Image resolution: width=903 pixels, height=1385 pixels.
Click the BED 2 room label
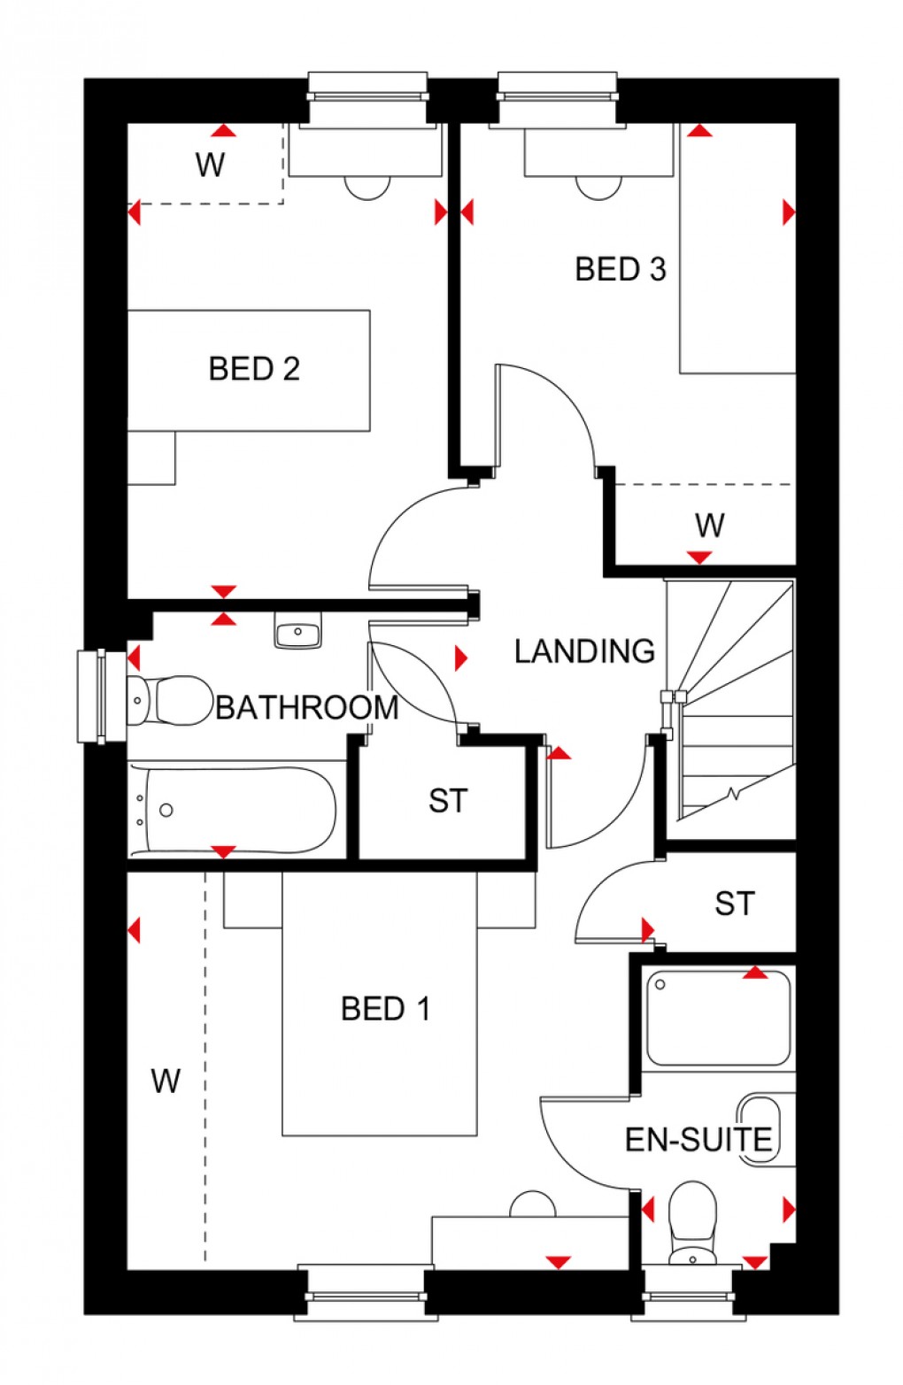coord(254,368)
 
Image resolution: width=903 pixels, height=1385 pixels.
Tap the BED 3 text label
coord(620,269)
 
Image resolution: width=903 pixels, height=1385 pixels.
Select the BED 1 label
coord(385,1008)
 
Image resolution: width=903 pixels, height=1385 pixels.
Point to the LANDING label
coord(584,651)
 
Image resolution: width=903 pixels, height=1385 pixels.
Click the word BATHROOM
coord(307,707)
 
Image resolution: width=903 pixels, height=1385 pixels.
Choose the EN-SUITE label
coord(698,1139)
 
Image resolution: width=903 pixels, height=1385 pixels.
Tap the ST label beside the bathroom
coord(447,801)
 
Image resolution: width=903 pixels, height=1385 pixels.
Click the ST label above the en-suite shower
coord(734,904)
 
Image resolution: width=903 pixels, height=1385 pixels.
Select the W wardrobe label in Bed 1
coord(166,1081)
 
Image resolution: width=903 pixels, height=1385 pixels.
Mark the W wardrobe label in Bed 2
coord(210,165)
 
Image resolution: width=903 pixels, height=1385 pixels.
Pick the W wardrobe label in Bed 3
coord(709,526)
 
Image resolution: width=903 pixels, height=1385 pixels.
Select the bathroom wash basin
coord(297,632)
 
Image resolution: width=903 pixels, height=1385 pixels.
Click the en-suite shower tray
coord(718,1018)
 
